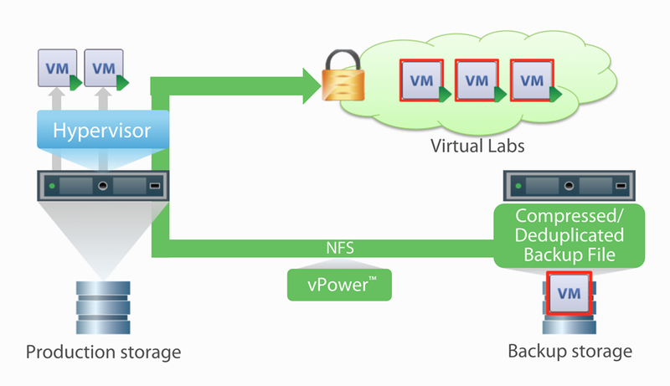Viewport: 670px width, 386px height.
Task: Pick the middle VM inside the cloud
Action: pos(476,80)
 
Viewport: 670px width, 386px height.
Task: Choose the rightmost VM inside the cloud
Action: pos(531,80)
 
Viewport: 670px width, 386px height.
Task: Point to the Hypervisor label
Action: pos(102,131)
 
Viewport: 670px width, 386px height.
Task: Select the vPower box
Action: pos(339,284)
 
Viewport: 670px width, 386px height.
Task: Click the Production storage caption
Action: pos(103,351)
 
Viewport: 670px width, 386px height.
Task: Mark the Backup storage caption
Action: pos(569,351)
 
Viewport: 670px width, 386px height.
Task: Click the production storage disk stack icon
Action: pos(103,306)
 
